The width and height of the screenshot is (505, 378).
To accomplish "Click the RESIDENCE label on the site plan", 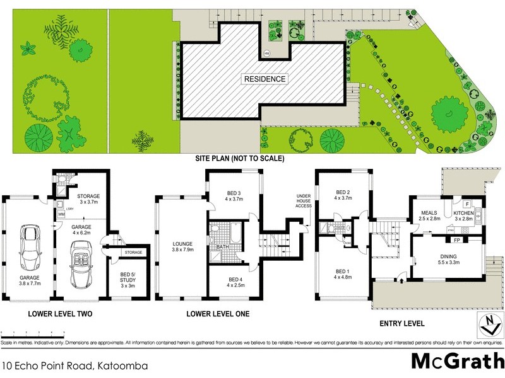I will pos(266,79).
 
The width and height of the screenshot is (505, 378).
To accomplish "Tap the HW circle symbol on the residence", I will pos(267,54).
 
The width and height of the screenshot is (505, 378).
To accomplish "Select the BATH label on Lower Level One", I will pos(222,247).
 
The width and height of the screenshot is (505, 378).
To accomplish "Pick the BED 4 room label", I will pos(235,282).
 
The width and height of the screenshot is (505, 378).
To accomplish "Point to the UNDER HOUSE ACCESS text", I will pos(304,201).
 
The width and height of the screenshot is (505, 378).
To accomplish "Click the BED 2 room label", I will pos(343,195).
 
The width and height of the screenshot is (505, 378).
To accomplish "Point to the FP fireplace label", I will pos(456,240).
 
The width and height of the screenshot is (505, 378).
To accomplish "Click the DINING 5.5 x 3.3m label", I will pos(449,258).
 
